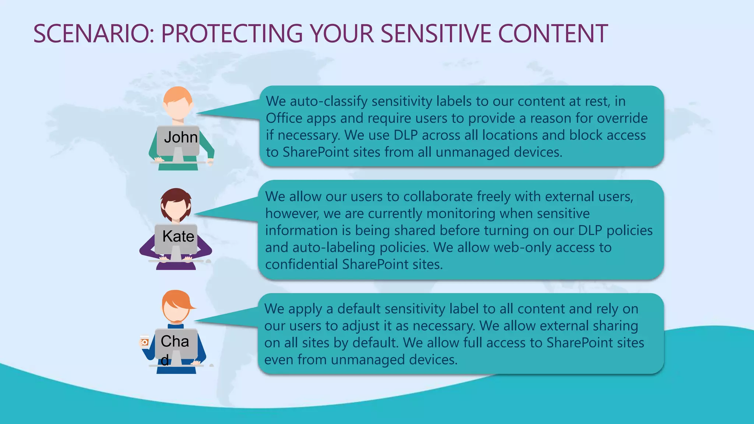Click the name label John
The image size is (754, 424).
click(180, 137)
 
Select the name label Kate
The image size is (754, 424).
click(178, 236)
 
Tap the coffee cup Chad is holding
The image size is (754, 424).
click(144, 342)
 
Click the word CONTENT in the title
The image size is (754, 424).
click(553, 34)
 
